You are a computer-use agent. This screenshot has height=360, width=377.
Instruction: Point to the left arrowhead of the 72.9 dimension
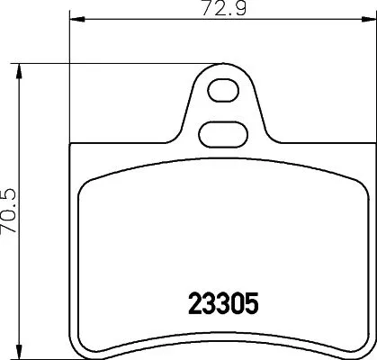(x=74, y=18)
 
